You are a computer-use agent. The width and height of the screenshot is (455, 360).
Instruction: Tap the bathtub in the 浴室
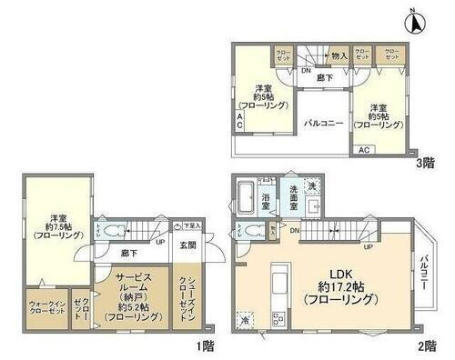pos(247,196)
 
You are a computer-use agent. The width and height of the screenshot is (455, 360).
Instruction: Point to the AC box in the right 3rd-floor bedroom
pos(363,149)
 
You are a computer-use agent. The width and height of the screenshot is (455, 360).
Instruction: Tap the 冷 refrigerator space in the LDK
pos(246,321)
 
